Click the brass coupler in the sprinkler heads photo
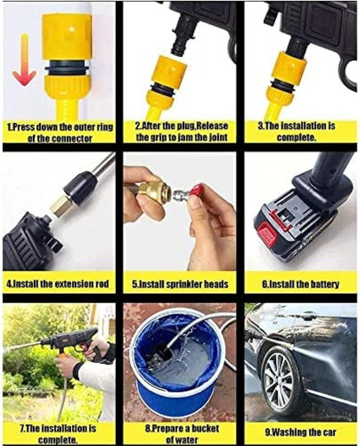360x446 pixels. (156, 193)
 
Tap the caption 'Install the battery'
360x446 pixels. (299, 282)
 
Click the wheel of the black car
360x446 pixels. (281, 381)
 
